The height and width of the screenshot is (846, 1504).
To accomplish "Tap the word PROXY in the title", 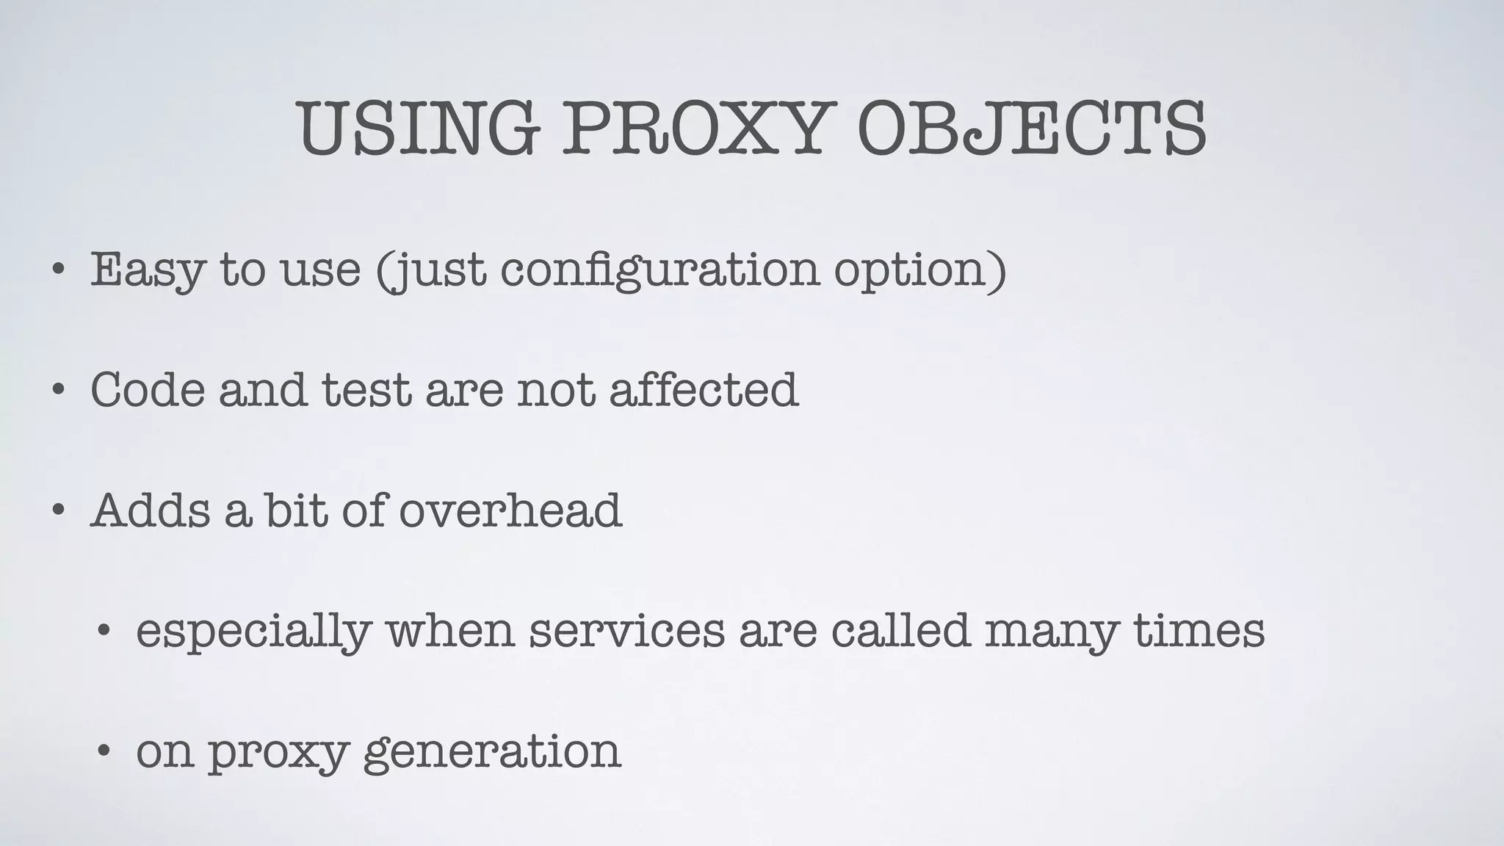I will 698,130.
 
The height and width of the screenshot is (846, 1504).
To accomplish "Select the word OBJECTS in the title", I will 1031,130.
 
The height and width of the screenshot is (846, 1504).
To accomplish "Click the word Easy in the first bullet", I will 146,270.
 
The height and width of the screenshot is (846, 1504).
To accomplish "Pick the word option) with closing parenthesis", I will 919,270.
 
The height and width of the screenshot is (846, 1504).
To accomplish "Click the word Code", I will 148,389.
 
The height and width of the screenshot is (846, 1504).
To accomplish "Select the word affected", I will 703,389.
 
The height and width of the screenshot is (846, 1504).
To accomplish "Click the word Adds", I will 151,510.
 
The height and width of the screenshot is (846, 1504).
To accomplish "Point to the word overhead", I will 510,510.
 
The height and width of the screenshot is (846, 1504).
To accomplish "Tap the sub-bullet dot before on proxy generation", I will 104,751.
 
